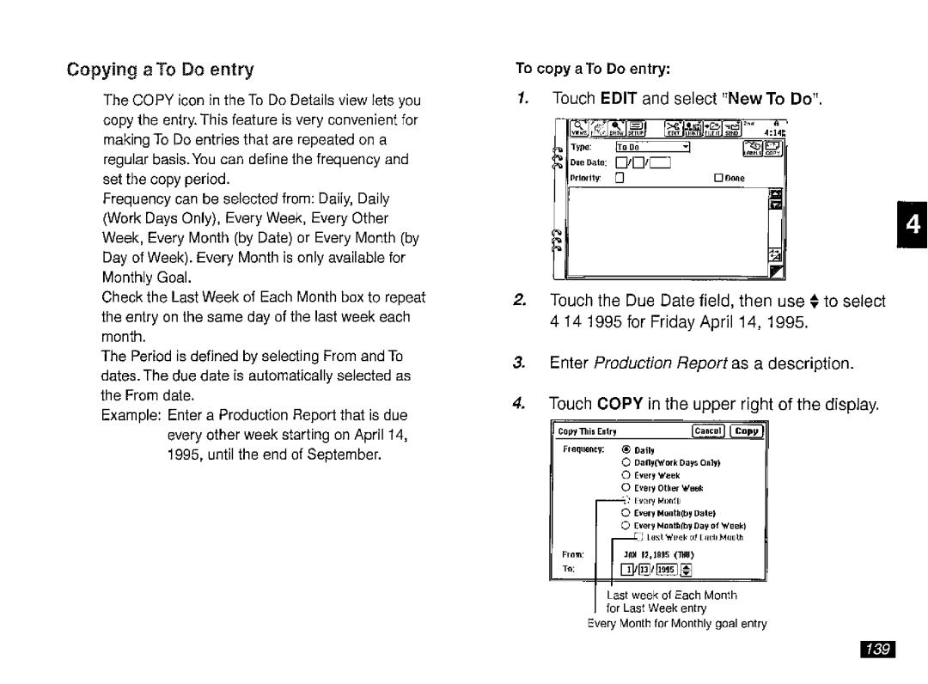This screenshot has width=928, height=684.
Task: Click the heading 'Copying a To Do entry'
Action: (x=162, y=69)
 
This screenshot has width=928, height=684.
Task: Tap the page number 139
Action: (x=876, y=649)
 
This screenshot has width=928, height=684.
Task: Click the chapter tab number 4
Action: (x=911, y=225)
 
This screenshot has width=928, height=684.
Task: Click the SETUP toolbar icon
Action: (x=635, y=130)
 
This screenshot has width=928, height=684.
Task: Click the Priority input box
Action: (x=618, y=178)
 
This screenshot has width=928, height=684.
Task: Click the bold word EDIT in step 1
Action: (x=618, y=99)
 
